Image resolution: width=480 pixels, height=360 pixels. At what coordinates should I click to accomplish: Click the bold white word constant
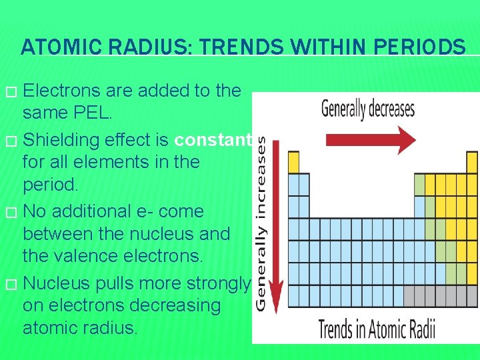(x=213, y=139)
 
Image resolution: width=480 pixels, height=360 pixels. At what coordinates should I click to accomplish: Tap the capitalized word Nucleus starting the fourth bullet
(x=65, y=283)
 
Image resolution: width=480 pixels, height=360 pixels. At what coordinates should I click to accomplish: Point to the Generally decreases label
(x=367, y=108)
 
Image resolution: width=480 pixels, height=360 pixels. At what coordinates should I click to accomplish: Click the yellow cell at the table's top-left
(x=293, y=162)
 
